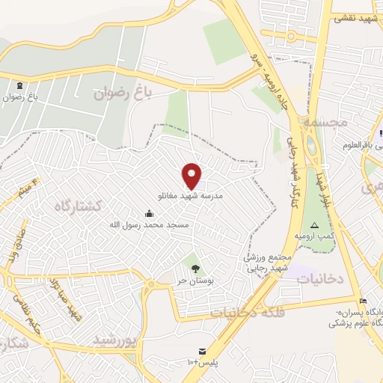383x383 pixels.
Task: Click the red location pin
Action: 192,176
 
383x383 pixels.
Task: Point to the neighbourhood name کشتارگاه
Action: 76,205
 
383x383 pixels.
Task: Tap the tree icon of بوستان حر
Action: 195,268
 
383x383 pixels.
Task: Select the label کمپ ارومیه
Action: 313,236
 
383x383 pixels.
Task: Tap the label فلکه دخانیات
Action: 237,311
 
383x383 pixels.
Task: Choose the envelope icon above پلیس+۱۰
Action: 200,352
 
